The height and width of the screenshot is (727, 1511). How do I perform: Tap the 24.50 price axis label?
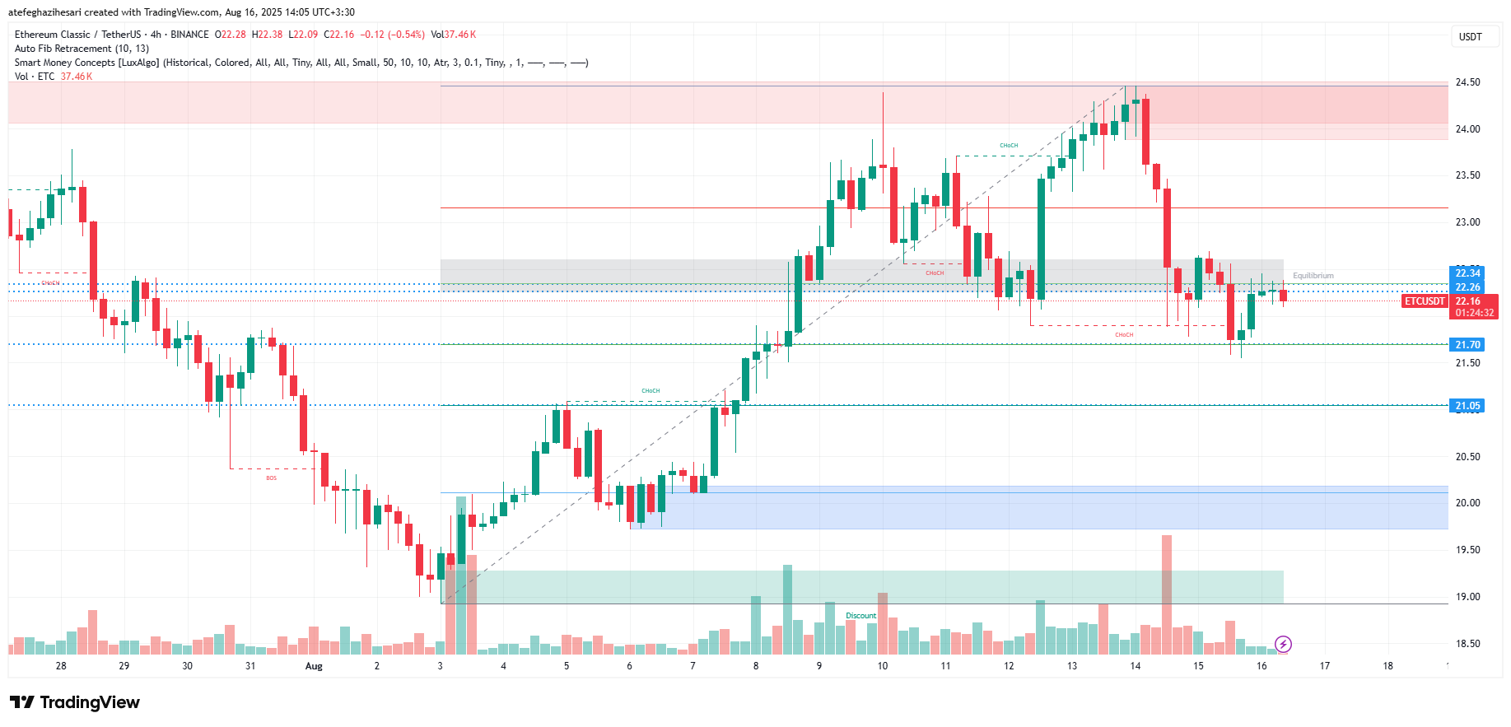pos(1467,82)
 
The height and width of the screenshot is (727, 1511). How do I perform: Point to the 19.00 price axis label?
pos(1467,597)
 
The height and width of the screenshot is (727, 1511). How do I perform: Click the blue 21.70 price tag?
pos(1467,345)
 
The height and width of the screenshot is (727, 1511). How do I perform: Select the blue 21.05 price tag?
pos(1467,406)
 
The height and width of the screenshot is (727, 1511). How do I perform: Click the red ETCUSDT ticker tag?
pos(1425,301)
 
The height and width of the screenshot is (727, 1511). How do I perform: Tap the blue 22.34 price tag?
pos(1467,273)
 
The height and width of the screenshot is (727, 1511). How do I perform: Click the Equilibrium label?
pos(1313,276)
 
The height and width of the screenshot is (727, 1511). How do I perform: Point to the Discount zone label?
pos(860,616)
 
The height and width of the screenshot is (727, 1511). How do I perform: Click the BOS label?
pos(272,478)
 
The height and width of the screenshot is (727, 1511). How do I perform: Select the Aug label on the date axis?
pos(314,666)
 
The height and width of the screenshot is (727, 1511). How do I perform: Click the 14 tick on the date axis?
pos(1135,666)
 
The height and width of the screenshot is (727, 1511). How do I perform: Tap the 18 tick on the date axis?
pos(1387,666)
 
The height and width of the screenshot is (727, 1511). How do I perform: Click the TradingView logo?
pos(75,702)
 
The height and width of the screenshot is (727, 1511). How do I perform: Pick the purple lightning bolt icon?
pos(1283,644)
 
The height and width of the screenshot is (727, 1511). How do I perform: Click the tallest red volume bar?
pos(1166,593)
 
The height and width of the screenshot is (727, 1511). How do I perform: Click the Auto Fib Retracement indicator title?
pos(82,49)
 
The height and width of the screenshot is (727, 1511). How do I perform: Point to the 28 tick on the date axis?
pos(61,666)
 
